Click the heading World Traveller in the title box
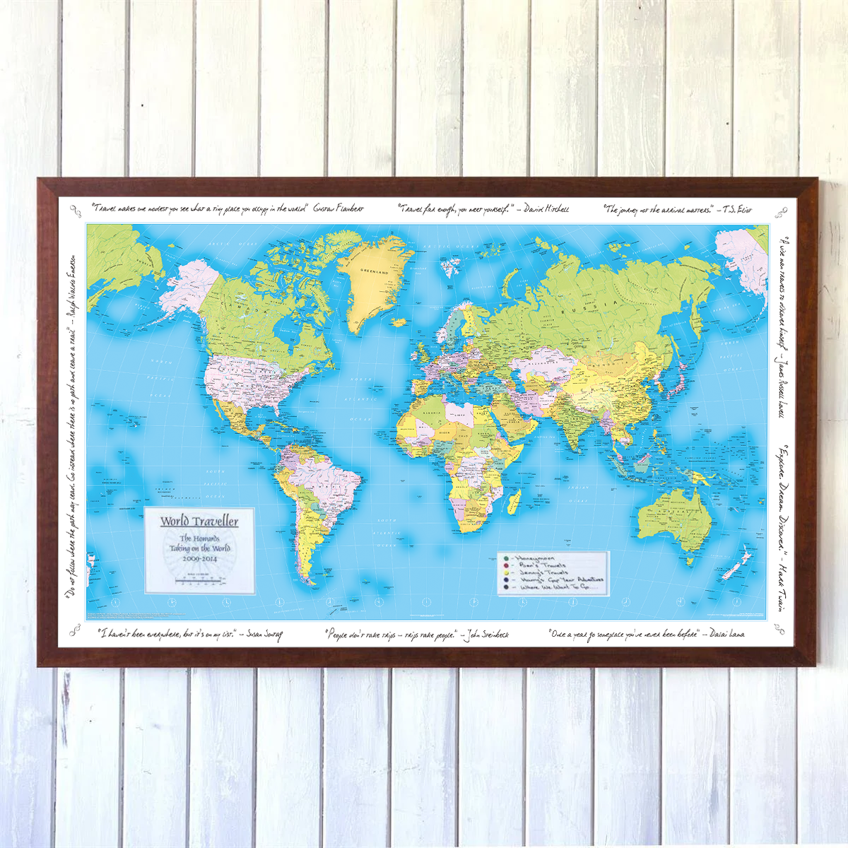[x=199, y=522]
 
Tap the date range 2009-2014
[x=199, y=558]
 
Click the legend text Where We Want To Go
[x=558, y=587]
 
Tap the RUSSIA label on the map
[x=575, y=311]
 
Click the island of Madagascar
[x=514, y=502]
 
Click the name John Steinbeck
[x=487, y=635]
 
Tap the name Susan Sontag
[x=265, y=635]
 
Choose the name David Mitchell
[x=546, y=209]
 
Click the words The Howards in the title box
[x=199, y=538]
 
